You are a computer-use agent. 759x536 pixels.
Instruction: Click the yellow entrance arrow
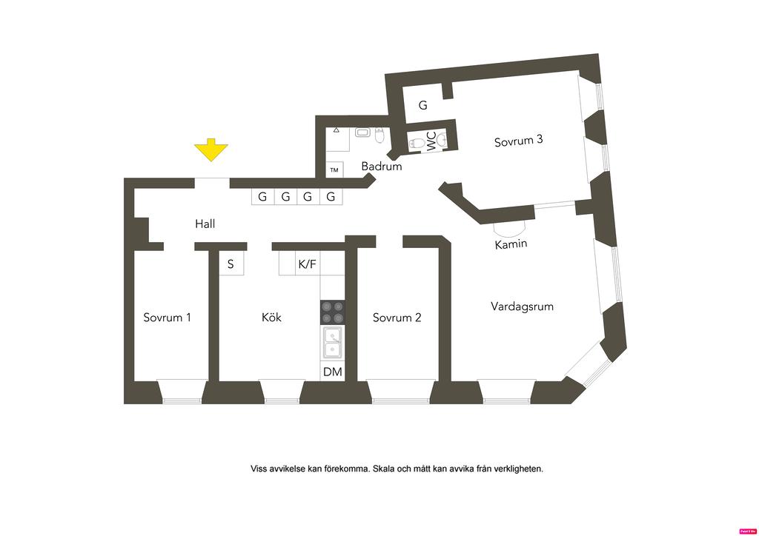point(211,150)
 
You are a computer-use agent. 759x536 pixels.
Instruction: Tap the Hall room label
point(205,223)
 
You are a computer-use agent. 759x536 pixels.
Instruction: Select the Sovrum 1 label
point(167,318)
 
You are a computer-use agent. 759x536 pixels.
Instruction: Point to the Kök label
point(271,318)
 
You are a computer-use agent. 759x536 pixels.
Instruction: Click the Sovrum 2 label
point(397,318)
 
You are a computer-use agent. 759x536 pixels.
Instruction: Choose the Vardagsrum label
point(522,306)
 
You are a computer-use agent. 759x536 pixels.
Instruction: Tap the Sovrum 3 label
point(519,141)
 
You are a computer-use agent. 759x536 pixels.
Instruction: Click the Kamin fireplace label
point(511,244)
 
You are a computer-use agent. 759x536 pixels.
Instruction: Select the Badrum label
point(382,167)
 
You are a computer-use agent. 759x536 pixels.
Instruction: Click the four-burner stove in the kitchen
point(332,312)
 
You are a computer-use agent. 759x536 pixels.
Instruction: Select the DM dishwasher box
point(333,372)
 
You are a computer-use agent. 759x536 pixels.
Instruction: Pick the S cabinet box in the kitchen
point(231,264)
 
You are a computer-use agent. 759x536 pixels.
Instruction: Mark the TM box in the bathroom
point(334,170)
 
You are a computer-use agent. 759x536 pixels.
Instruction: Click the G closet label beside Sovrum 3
point(422,105)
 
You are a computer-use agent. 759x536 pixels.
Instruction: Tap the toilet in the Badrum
point(379,135)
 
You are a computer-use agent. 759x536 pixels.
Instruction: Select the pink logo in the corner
point(748,531)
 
